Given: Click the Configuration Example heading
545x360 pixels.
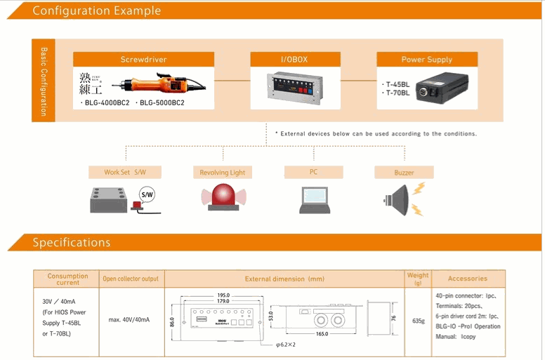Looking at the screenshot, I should pyautogui.click(x=97, y=11).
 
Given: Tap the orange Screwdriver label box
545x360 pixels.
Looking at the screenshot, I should pyautogui.click(x=144, y=60).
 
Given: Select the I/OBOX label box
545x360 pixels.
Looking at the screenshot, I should pyautogui.click(x=295, y=60).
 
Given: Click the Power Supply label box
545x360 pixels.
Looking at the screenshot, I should pyautogui.click(x=426, y=60).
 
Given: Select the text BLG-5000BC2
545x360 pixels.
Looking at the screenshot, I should pyautogui.click(x=162, y=103).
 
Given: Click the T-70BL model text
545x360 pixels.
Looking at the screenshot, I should pyautogui.click(x=398, y=93).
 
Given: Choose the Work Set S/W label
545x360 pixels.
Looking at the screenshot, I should pyautogui.click(x=124, y=172).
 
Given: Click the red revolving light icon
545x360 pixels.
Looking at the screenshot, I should pyautogui.click(x=222, y=199).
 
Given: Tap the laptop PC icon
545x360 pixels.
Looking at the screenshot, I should pyautogui.click(x=314, y=199).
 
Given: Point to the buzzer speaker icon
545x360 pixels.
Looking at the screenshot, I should pyautogui.click(x=399, y=199).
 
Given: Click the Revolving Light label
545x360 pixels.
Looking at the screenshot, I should pyautogui.click(x=222, y=172).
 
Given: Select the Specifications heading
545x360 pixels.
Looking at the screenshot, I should pyautogui.click(x=72, y=243).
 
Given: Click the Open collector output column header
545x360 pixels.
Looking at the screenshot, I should pyautogui.click(x=131, y=279).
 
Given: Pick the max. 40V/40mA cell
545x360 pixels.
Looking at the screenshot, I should pyautogui.click(x=129, y=320).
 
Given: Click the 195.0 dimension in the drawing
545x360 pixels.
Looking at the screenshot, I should pyautogui.click(x=223, y=295).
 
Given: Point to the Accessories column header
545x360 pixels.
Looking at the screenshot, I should pyautogui.click(x=467, y=279).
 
